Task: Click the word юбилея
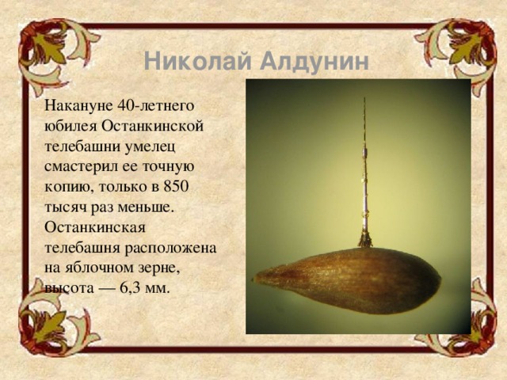(x=71, y=125)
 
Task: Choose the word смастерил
(x=82, y=166)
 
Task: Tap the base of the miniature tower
(x=365, y=240)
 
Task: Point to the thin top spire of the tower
(x=364, y=119)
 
